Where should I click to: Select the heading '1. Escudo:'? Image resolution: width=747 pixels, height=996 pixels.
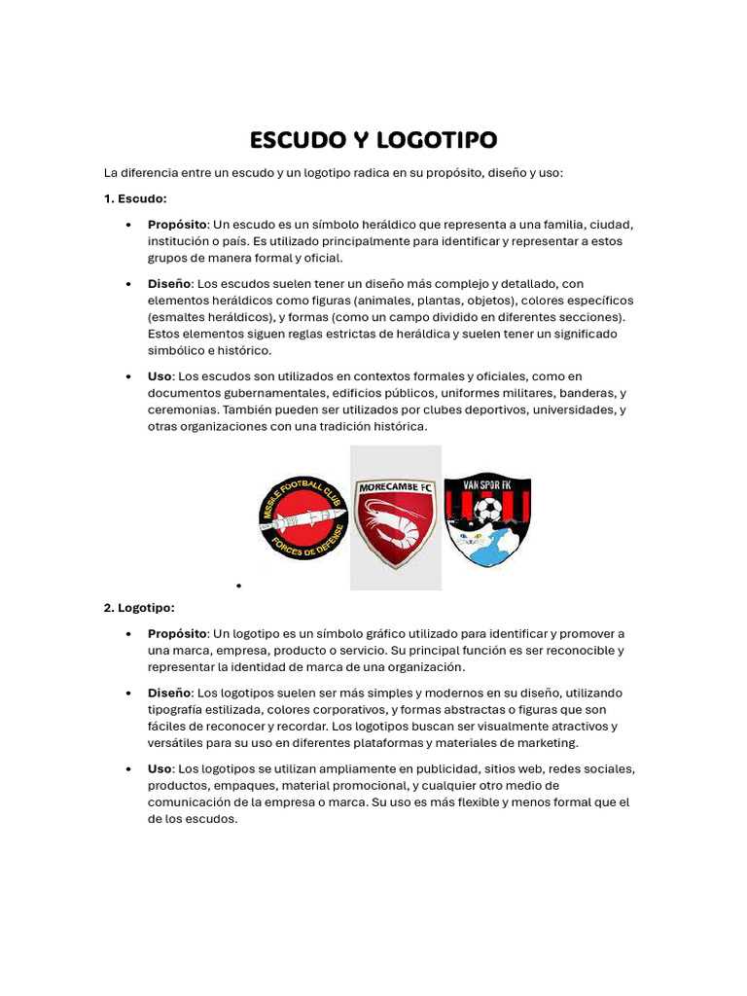135,198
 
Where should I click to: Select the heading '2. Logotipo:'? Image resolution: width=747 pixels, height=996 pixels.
139,608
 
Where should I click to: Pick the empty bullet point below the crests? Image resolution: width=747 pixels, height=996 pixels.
237,586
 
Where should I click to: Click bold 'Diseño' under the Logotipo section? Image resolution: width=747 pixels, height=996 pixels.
169,694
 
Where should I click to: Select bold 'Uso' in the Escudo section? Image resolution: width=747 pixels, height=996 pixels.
160,376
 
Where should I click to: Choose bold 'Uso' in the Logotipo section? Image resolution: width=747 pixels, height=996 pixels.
160,769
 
